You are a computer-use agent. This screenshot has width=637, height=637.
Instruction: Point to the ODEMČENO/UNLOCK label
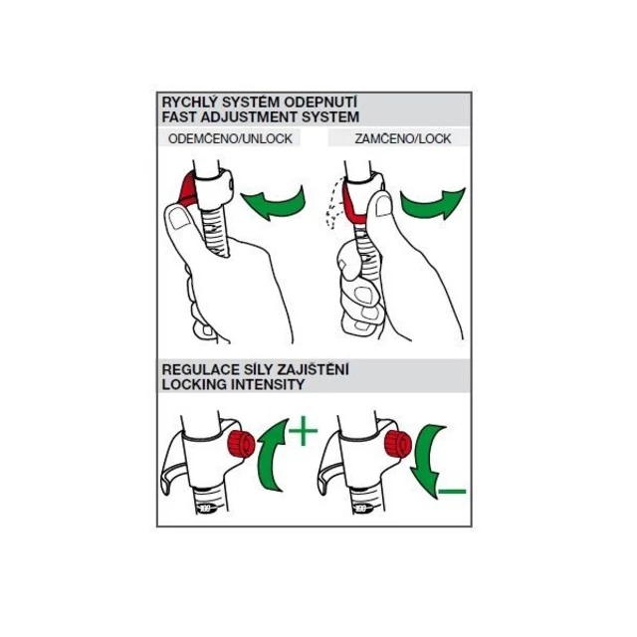click(230, 138)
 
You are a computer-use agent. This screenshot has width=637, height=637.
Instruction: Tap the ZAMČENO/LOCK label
click(402, 138)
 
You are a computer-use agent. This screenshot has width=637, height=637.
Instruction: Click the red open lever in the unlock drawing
click(188, 189)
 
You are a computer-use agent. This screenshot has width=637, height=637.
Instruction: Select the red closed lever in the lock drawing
click(352, 207)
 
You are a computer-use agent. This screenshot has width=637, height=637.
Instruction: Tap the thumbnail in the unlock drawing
click(180, 219)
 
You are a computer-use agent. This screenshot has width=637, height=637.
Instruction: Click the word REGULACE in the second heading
click(201, 369)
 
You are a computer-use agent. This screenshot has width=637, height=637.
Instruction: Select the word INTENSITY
click(269, 384)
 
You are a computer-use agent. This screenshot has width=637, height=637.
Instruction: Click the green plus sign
click(303, 431)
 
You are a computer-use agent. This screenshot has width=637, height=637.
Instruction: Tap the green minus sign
click(452, 492)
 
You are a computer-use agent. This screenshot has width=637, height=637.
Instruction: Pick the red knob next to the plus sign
click(241, 443)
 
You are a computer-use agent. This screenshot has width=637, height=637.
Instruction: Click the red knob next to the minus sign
click(398, 444)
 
